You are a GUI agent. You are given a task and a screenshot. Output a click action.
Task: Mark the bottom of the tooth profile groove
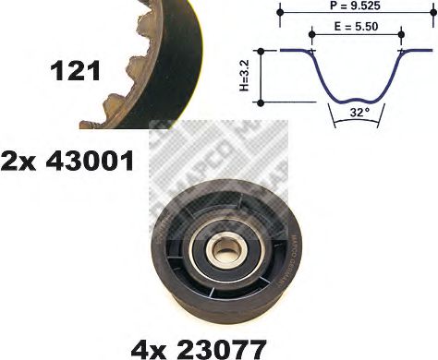tap(357, 98)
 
